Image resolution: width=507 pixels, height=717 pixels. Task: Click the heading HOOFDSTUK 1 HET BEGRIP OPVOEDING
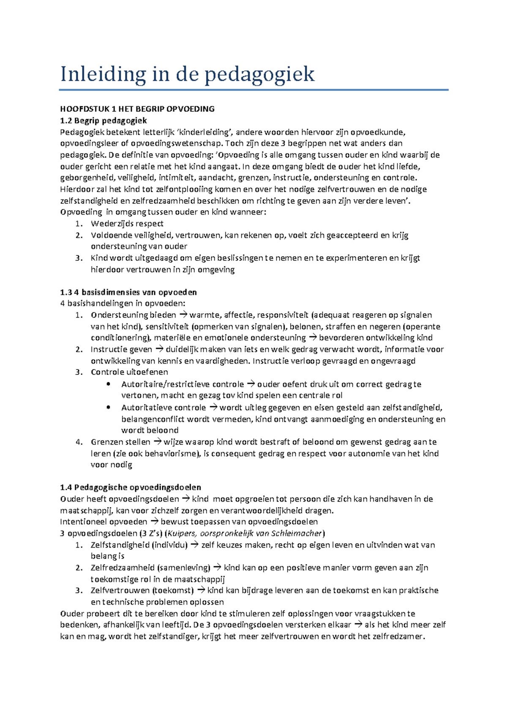tap(137, 109)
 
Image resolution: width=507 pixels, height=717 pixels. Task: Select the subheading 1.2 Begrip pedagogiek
tap(104, 121)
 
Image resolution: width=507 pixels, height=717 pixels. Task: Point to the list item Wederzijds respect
tap(127, 223)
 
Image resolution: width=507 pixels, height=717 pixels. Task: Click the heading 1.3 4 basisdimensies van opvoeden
tap(128, 292)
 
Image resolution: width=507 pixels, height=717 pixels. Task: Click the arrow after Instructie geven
tap(159, 349)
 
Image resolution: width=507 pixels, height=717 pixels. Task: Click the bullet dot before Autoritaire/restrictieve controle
tap(109, 384)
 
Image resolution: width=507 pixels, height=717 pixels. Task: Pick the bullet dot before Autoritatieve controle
tap(109, 407)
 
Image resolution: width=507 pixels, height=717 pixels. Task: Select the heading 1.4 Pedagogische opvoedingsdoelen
tap(131, 487)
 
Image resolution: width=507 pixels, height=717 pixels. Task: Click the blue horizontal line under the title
tap(253, 90)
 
